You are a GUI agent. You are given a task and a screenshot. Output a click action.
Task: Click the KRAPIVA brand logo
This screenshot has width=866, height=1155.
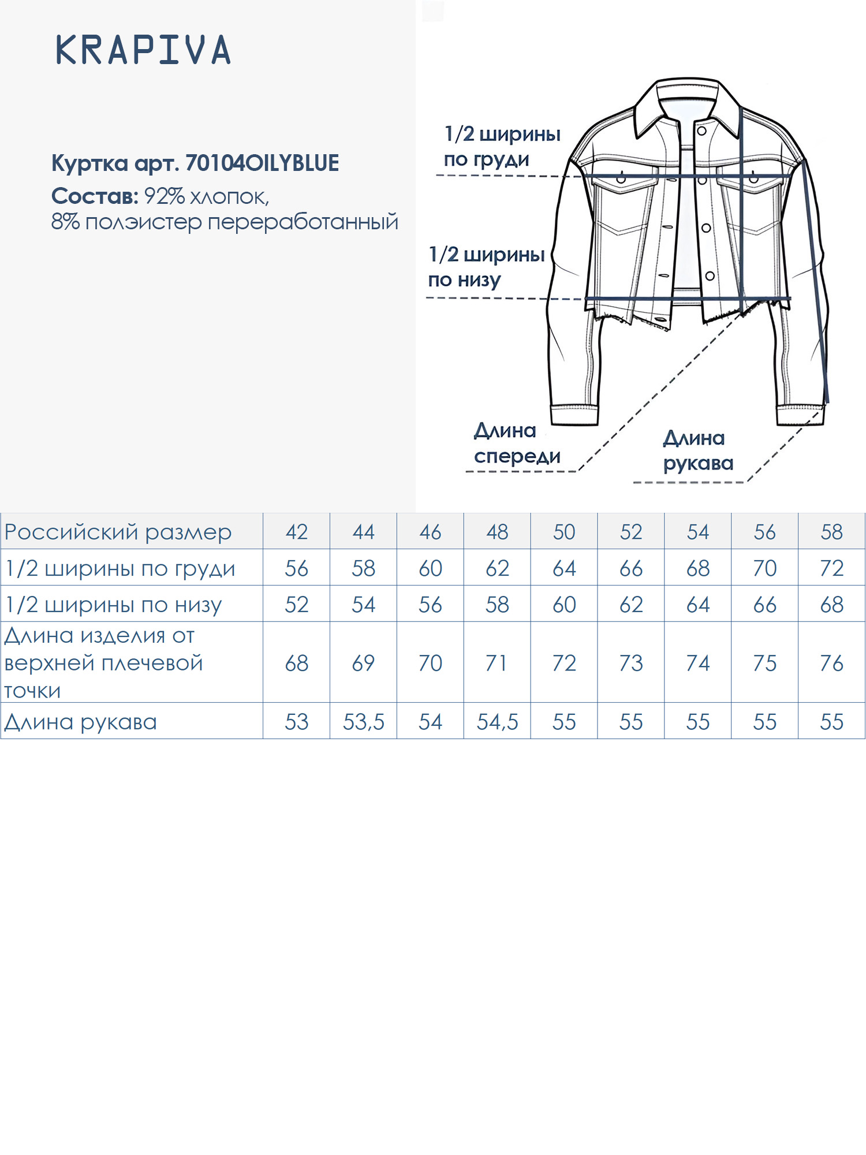143,50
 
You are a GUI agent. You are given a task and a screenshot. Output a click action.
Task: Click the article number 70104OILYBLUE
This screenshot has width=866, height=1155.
262,163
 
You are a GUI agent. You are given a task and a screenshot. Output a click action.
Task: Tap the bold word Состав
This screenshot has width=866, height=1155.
94,196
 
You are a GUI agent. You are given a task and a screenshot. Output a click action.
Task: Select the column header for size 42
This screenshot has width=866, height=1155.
296,531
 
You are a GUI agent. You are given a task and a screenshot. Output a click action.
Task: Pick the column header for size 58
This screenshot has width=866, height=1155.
831,531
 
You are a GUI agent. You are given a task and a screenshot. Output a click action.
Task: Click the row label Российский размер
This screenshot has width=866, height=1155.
118,531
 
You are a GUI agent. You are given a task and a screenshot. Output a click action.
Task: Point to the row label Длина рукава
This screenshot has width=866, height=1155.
81,721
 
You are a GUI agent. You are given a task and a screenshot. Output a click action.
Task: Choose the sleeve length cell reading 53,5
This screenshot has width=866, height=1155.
363,721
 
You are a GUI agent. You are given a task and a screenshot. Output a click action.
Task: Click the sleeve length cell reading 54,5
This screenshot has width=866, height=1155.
497,721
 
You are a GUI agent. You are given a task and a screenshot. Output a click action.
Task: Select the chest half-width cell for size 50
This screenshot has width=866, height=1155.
564,568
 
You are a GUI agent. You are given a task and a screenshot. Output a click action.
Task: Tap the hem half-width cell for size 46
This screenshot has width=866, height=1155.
430,605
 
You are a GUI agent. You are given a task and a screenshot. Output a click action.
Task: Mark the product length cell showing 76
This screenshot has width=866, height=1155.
831,663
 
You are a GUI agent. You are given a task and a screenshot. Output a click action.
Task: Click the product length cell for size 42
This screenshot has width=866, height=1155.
296,663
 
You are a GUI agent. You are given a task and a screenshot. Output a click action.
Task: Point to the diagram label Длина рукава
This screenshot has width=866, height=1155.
697,450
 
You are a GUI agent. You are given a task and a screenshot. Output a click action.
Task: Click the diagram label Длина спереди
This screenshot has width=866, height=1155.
517,444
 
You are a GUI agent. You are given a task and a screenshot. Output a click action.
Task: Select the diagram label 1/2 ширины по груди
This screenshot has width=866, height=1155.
502,146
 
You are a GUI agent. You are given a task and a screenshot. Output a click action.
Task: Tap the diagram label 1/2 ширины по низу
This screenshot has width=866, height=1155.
486,266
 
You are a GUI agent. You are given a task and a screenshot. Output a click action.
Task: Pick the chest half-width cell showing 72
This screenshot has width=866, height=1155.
831,568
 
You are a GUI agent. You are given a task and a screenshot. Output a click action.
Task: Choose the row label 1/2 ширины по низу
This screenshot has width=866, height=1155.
113,605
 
